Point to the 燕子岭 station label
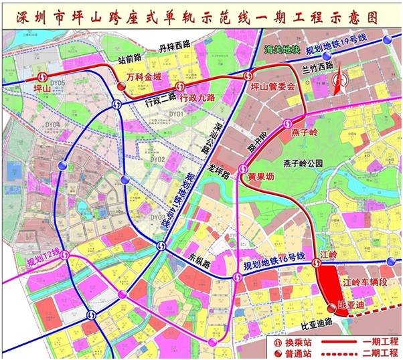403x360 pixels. (306, 133)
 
